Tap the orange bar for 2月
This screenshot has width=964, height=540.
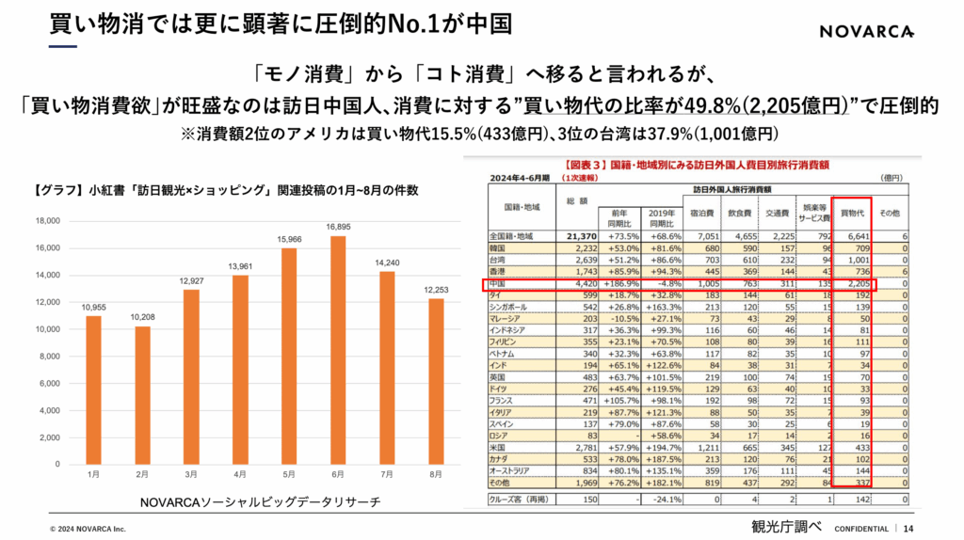tap(142, 395)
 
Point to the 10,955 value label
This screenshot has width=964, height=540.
tap(92, 308)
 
